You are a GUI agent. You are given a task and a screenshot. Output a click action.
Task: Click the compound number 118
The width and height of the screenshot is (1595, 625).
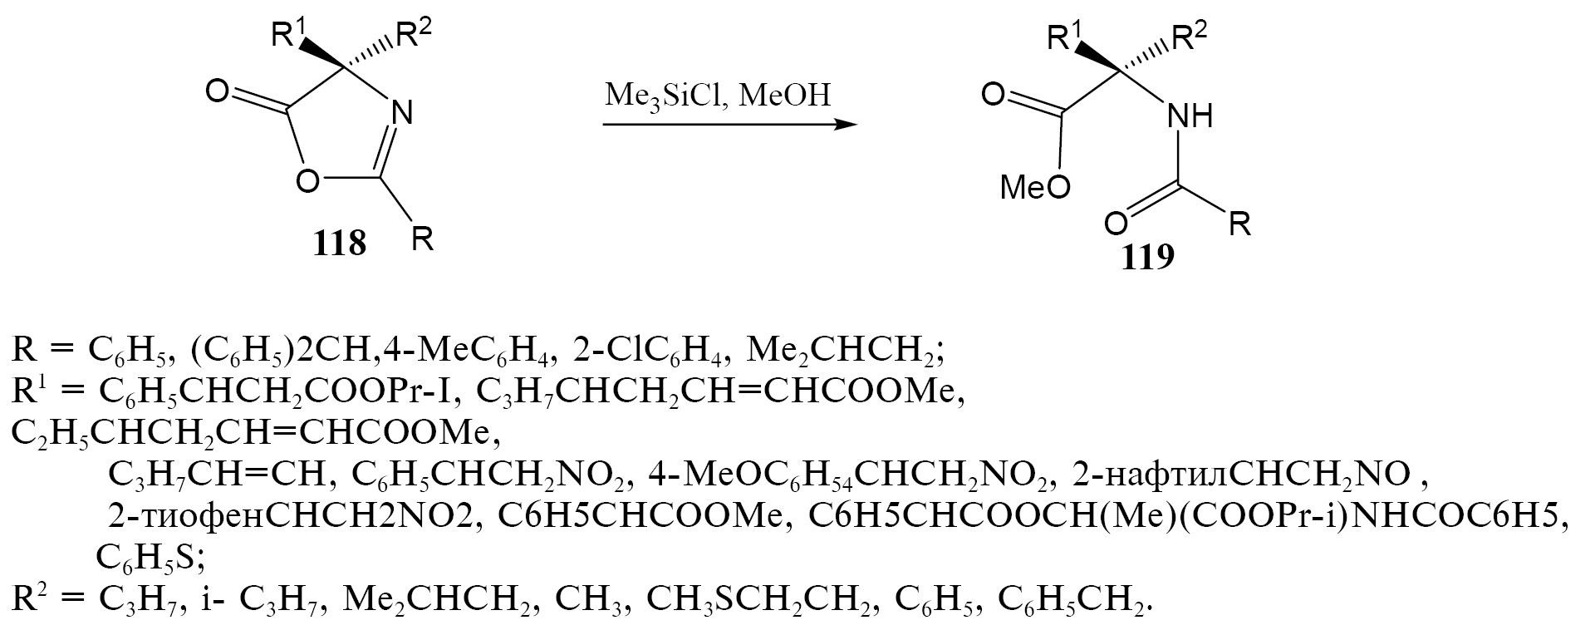pos(340,244)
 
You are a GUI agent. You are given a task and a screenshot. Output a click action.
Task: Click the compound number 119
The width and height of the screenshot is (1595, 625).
pos(1148,258)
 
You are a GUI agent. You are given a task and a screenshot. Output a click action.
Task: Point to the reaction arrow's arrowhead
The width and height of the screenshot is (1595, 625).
pos(845,125)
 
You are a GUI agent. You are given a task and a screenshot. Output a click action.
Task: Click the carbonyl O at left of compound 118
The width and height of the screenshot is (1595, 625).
pos(217,91)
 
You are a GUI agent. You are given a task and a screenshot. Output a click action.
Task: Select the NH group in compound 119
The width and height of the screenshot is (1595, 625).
pos(1190,116)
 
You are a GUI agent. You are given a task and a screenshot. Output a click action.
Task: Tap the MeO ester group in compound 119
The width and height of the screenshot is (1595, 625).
pos(1035,188)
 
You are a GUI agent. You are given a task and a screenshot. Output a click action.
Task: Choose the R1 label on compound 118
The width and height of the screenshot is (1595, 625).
pos(290,36)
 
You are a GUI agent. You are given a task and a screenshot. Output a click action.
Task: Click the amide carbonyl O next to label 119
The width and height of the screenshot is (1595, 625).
pos(1117,224)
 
